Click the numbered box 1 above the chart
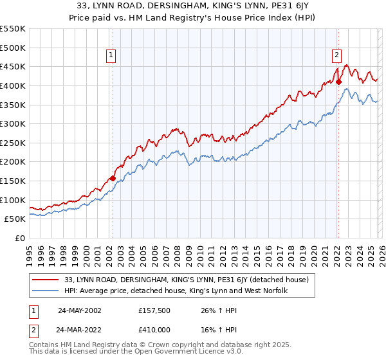tap(112, 56)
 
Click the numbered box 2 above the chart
tap(336, 56)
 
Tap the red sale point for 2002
tap(113, 178)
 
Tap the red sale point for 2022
tap(338, 82)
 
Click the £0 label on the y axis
tap(19, 238)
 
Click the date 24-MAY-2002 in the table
tap(78, 310)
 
